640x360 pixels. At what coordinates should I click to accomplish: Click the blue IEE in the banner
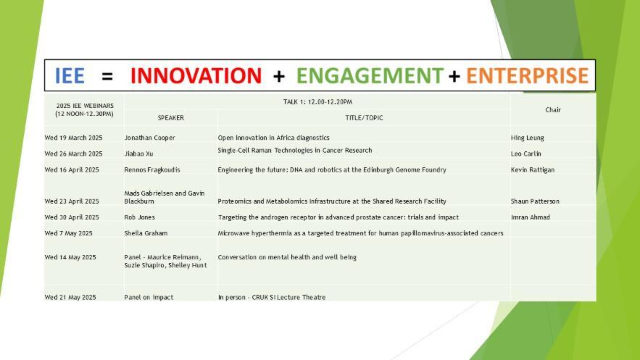pos(70,75)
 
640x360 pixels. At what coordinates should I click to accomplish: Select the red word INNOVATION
pos(196,75)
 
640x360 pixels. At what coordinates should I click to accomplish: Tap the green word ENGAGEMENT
pos(370,75)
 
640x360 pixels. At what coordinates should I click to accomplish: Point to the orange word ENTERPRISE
pos(528,75)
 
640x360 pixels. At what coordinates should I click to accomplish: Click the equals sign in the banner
pos(107,76)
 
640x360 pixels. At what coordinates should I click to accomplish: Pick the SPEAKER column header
pos(170,118)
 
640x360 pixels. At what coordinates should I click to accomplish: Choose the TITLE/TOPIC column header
pos(364,118)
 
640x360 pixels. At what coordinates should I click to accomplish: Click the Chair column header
pos(553,109)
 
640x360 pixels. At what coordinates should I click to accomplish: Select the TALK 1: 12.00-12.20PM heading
pos(317,102)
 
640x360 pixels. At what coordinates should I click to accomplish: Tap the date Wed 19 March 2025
pos(73,138)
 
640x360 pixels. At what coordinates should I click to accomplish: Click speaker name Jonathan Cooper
pos(149,138)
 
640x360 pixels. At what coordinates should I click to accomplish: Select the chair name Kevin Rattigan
pos(533,169)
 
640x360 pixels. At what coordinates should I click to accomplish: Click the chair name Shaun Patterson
pos(535,201)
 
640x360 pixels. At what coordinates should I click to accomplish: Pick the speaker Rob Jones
pos(140,217)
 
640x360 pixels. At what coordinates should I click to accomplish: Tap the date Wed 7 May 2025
pos(69,233)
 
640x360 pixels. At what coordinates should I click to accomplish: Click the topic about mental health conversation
pos(287,257)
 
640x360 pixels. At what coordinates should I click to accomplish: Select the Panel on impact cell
pos(149,297)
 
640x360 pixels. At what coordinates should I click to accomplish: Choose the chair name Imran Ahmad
pos(531,217)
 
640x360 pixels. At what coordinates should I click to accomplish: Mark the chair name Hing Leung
pos(528,138)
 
